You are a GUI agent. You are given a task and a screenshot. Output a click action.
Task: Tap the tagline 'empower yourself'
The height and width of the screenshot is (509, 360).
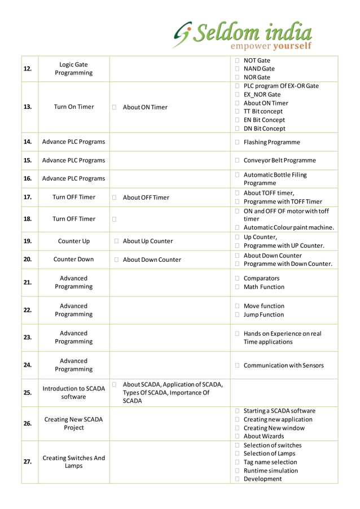[x=271, y=46]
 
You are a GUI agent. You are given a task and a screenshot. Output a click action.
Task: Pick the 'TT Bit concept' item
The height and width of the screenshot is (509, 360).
[x=264, y=112]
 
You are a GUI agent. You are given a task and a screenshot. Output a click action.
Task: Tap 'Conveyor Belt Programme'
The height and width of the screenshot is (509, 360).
[x=279, y=160]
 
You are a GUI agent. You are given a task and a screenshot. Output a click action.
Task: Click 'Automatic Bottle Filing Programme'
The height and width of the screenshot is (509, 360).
[x=275, y=179]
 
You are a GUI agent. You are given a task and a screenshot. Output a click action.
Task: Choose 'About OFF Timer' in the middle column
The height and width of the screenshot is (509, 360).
[x=146, y=198]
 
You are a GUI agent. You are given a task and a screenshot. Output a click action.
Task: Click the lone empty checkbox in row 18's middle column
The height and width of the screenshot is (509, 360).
[x=114, y=219]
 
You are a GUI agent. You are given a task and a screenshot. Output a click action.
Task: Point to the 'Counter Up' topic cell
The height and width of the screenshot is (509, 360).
[x=73, y=241]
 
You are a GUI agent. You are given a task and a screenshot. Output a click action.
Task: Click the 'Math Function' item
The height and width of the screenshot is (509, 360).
[x=264, y=287]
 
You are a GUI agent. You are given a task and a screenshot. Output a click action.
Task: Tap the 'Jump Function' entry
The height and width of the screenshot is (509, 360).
[x=264, y=315]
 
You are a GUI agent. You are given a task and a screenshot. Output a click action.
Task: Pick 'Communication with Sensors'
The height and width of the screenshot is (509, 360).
[x=283, y=366]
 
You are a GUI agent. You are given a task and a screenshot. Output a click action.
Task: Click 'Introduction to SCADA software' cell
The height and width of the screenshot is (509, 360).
[x=73, y=392]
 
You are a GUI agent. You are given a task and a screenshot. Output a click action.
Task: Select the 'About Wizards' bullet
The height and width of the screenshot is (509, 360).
[x=264, y=436]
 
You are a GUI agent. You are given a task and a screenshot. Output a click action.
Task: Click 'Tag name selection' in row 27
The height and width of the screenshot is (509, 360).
[x=270, y=462]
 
